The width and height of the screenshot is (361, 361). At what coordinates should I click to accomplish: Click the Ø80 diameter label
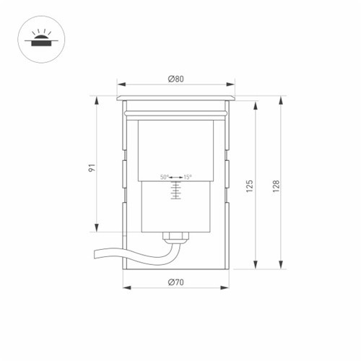pyautogui.click(x=176, y=79)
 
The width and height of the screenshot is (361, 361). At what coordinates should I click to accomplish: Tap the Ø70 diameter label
pyautogui.click(x=176, y=282)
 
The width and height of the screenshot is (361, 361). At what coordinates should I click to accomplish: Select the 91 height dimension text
pyautogui.click(x=92, y=168)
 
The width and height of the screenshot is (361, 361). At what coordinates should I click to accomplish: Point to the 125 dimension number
pyautogui.click(x=250, y=186)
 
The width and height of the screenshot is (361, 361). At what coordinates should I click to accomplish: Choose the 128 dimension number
pyautogui.click(x=276, y=186)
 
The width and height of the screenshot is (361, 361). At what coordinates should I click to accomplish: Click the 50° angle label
pyautogui.click(x=165, y=177)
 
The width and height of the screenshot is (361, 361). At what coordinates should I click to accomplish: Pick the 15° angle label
pyautogui.click(x=188, y=177)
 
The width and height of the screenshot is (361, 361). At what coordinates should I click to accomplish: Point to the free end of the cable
pyautogui.click(x=95, y=254)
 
